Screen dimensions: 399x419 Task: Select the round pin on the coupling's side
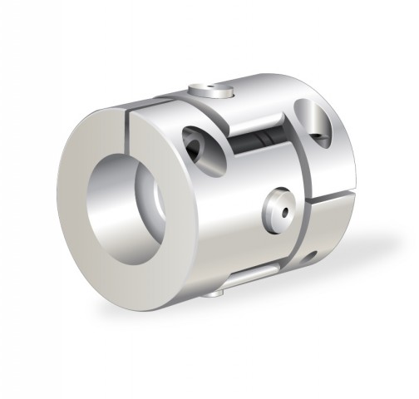click(279, 209)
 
